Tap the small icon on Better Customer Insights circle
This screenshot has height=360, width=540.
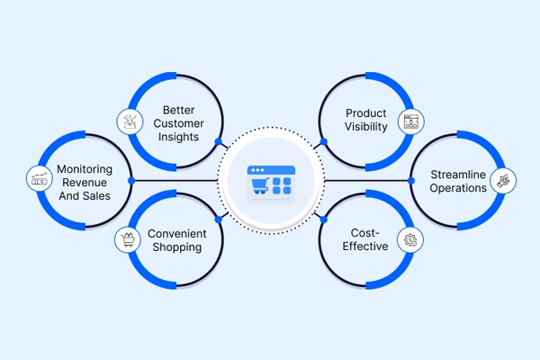129,121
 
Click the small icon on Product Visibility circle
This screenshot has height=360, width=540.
411,121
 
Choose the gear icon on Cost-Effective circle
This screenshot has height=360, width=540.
411,239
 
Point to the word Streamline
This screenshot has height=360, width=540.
458,174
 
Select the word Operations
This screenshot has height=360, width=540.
458,188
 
